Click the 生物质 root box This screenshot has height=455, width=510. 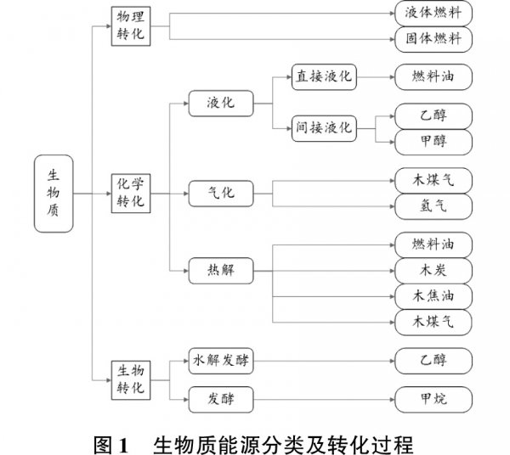click(53, 194)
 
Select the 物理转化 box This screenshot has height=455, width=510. click(131, 26)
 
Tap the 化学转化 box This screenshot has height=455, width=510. click(131, 193)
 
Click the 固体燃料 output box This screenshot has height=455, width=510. click(433, 39)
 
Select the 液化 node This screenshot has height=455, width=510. click(220, 104)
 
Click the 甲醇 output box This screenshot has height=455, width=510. click(433, 140)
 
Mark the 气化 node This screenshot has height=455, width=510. click(220, 193)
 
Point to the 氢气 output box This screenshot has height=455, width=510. click(433, 205)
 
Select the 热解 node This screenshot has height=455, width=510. click(220, 271)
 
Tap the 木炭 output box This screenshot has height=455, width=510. click(433, 271)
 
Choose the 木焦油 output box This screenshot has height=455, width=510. click(433, 295)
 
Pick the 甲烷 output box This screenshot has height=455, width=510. click(433, 396)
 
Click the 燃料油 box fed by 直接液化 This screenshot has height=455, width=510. click(433, 76)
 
